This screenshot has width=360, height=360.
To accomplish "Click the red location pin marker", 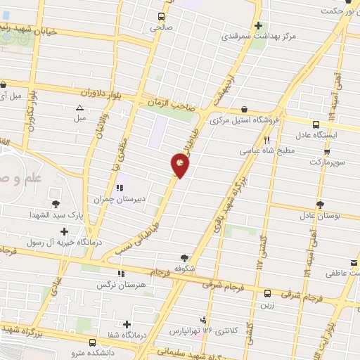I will pyautogui.click(x=180, y=165).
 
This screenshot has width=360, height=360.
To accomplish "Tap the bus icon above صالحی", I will pyautogui.click(x=161, y=16).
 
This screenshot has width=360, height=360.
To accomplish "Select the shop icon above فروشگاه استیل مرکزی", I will pyautogui.click(x=243, y=110).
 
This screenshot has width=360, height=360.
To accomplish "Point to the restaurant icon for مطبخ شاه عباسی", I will pyautogui.click(x=266, y=140).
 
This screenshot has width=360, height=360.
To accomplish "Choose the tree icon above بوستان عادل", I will pyautogui.click(x=320, y=205).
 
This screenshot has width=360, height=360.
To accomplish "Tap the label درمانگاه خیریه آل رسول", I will pyautogui.click(x=65, y=243).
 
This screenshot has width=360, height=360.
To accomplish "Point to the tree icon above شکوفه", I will pyautogui.click(x=184, y=257).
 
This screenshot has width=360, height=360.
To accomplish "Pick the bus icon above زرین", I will pyautogui.click(x=267, y=294).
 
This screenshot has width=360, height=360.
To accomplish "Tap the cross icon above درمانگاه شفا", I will pyautogui.click(x=127, y=324).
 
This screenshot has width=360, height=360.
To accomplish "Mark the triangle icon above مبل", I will pyautogui.click(x=79, y=108).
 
